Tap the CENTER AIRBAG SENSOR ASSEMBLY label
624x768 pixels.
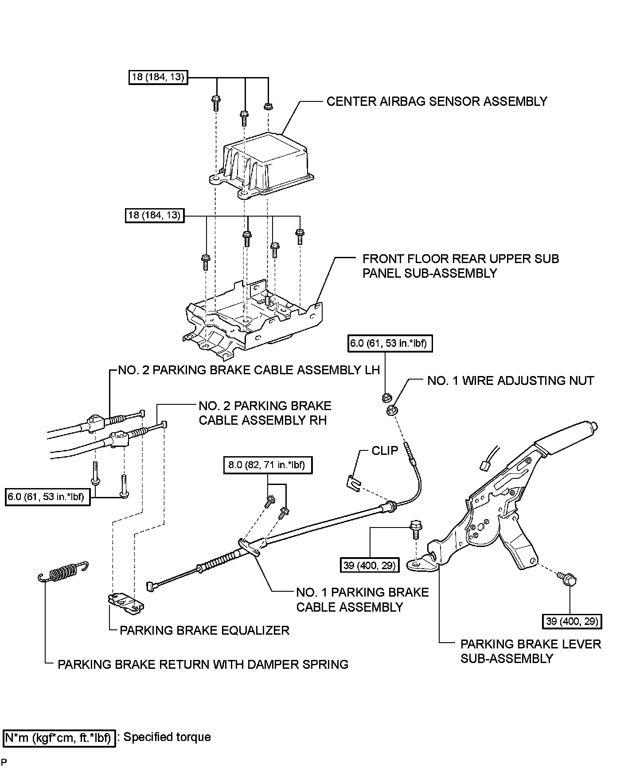(437, 101)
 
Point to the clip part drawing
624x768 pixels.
(353, 481)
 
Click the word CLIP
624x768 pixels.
(385, 451)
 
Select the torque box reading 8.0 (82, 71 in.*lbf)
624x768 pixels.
(267, 465)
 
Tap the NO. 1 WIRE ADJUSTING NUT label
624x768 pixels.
(511, 380)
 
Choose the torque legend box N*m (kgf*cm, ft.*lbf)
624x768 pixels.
(59, 737)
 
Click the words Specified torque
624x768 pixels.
(167, 737)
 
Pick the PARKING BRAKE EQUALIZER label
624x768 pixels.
(204, 630)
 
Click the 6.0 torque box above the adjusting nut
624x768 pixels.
(390, 343)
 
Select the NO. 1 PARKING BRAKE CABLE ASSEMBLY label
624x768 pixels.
(363, 600)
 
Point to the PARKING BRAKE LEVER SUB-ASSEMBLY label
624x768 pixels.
(530, 651)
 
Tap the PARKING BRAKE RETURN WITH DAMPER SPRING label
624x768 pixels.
(203, 664)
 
